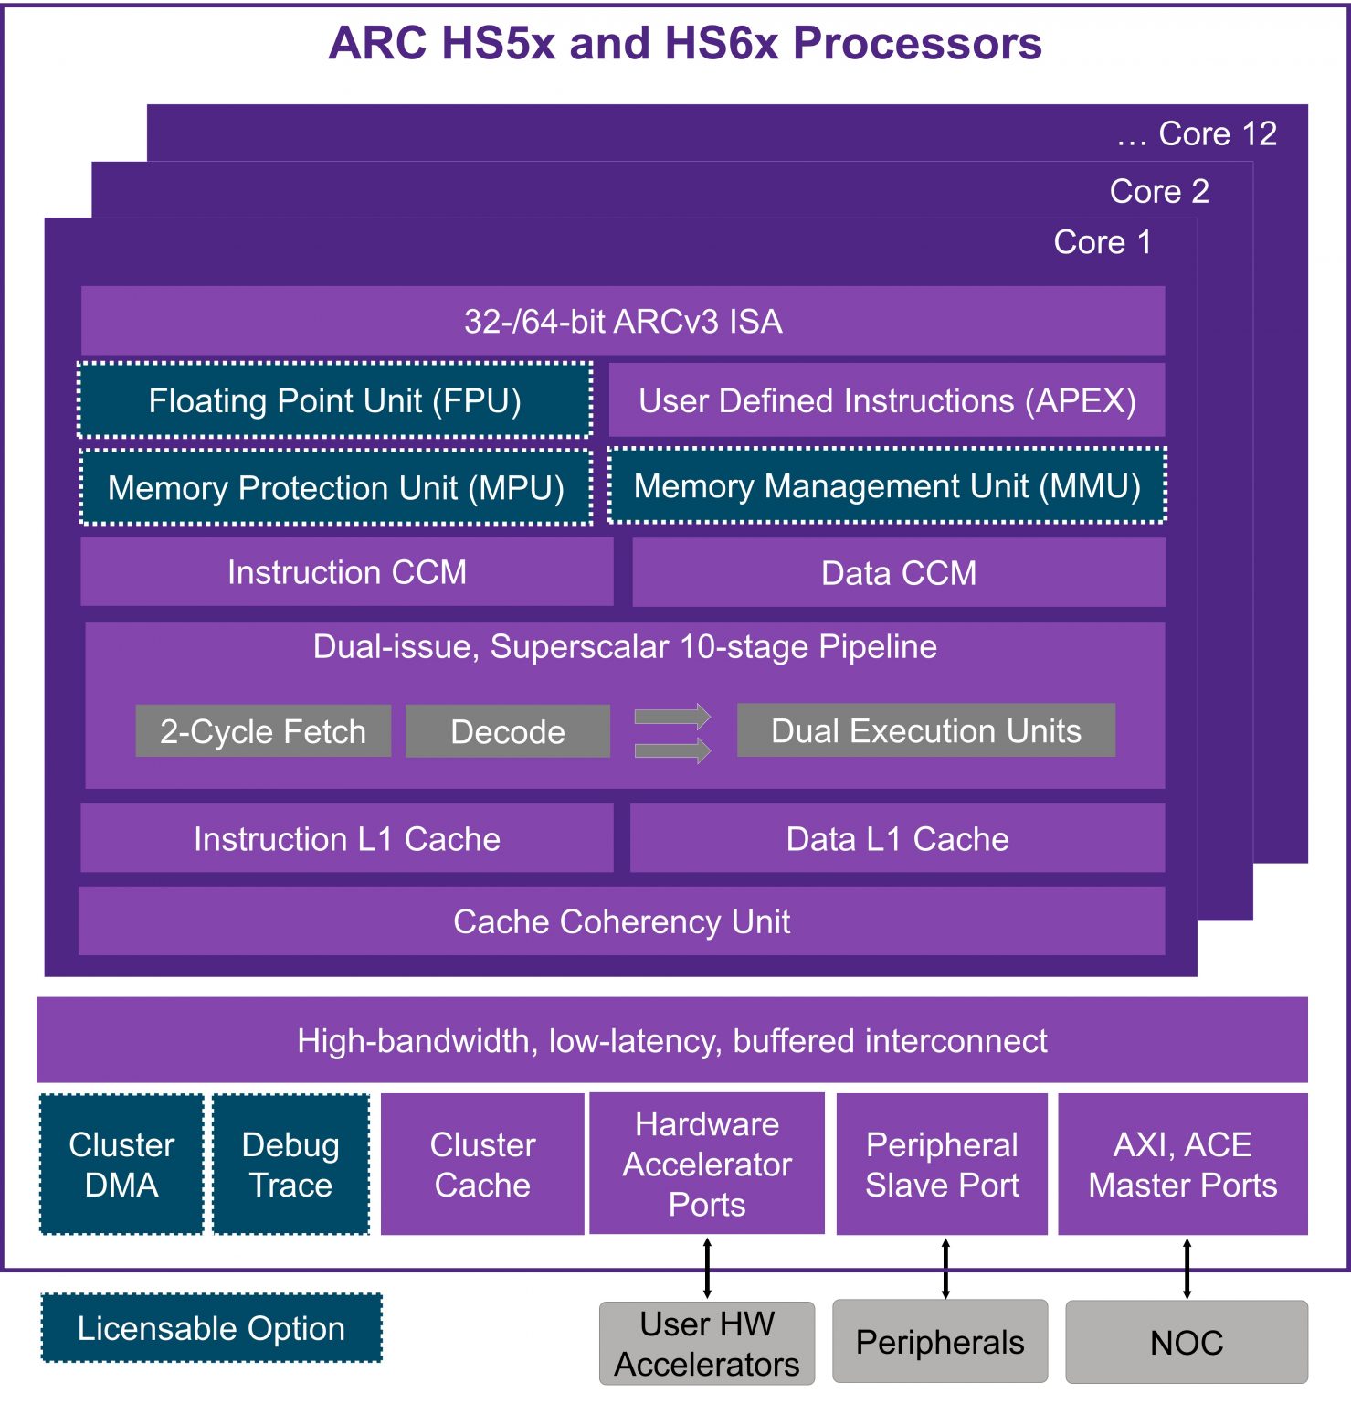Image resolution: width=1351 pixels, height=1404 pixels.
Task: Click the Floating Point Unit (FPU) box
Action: click(335, 400)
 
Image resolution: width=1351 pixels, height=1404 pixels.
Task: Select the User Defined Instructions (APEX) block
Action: click(886, 400)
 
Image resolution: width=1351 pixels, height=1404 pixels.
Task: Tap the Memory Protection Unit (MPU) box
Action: click(335, 487)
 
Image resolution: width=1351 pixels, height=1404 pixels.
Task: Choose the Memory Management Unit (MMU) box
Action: click(887, 485)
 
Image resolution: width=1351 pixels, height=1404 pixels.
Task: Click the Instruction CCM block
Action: click(346, 571)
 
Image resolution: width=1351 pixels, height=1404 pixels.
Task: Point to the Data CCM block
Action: click(898, 572)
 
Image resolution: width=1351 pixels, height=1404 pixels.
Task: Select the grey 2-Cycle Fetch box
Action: click(263, 731)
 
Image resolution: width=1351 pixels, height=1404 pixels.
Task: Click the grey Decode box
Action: click(508, 731)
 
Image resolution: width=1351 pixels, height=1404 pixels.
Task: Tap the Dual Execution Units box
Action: click(925, 730)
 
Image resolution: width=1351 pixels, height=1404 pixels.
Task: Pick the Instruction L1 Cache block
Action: click(346, 838)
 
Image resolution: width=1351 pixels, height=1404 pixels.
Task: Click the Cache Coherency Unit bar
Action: click(621, 921)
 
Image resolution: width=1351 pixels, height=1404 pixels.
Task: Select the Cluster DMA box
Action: click(121, 1165)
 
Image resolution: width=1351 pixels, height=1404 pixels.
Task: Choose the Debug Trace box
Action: click(290, 1165)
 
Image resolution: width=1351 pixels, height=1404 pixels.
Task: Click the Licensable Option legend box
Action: click(211, 1328)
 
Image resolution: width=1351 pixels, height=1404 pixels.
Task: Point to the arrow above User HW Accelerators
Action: click(707, 1268)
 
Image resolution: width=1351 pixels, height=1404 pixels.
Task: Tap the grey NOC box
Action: click(1186, 1342)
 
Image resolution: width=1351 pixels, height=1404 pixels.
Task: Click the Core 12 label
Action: click(1217, 134)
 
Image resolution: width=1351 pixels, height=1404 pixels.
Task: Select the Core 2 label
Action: click(1158, 191)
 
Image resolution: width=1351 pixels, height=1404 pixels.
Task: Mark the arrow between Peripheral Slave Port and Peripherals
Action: click(945, 1268)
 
